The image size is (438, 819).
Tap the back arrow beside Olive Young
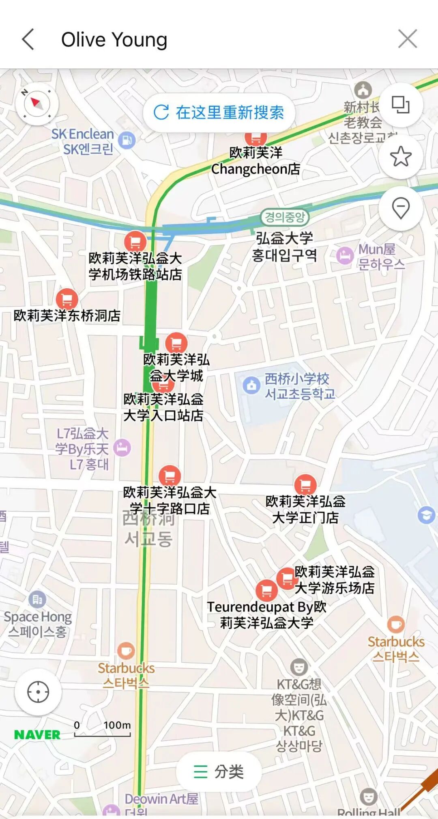tap(28, 39)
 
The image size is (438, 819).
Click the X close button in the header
tap(407, 39)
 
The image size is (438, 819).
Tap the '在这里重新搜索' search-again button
tap(219, 112)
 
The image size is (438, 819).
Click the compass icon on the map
tap(37, 104)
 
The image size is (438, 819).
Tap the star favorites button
tap(401, 156)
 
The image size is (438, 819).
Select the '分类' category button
tap(219, 771)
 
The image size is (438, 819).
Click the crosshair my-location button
tap(38, 692)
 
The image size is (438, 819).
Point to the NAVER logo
tap(37, 735)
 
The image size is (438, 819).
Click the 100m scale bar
tap(103, 731)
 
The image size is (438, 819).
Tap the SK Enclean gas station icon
tap(127, 140)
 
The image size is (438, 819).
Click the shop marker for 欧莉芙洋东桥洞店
tap(67, 300)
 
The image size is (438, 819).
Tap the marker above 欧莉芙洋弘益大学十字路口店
tap(170, 475)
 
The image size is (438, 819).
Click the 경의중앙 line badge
tap(285, 217)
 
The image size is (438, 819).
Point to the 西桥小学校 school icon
tap(251, 385)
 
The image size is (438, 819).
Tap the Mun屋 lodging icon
tap(345, 256)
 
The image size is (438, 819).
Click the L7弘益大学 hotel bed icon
tap(122, 448)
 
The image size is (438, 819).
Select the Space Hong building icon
tap(37, 599)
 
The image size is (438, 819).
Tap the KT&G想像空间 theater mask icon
tap(299, 667)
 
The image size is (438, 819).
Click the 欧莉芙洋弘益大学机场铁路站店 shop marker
tap(135, 242)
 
